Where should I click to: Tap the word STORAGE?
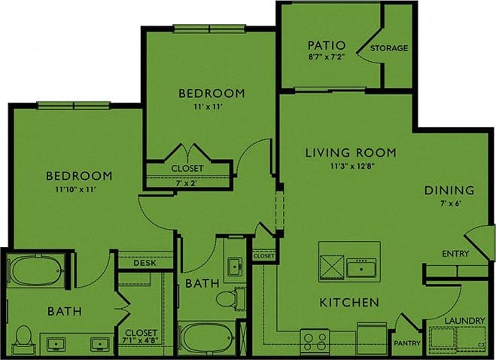coord(388,48)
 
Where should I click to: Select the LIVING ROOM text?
coord(350,153)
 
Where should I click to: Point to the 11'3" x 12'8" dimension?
coord(351,166)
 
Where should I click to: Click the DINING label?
coord(449,190)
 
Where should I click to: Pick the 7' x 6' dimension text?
coord(449,204)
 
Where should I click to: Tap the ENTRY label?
coord(455,254)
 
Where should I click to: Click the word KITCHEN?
coord(349,302)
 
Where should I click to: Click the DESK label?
coord(144,263)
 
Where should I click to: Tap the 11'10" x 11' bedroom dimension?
coord(79,189)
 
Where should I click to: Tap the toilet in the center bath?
coord(227,299)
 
